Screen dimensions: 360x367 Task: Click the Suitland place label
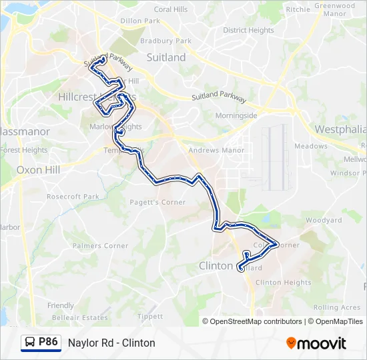[165, 58]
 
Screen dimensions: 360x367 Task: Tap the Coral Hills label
[171, 9]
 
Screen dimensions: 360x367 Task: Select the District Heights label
[248, 30]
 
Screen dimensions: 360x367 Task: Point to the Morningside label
[236, 115]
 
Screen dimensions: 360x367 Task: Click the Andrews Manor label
[216, 151]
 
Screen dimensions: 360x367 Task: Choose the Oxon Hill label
[39, 170]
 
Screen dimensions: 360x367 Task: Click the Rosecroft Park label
[73, 197]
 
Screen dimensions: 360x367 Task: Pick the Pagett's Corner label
[157, 202]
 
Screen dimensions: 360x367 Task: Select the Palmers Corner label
[100, 246]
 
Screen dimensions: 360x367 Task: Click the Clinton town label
[216, 266]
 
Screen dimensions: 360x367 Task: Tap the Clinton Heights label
[283, 283]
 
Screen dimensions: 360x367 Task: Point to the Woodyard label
[324, 221]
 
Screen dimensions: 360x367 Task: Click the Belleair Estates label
[79, 318]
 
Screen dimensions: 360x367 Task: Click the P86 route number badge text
[48, 342]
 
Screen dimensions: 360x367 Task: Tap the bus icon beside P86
[30, 343]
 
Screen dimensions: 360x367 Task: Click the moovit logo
[316, 343]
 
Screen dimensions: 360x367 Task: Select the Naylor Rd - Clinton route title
[111, 343]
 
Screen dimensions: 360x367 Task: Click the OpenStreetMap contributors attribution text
[256, 321]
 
